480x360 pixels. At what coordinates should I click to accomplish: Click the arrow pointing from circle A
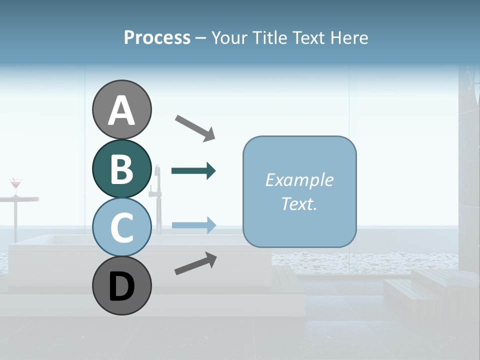point(195,127)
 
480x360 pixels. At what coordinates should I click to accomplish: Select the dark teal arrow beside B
point(193,171)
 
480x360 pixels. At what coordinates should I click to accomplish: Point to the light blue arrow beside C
point(193,225)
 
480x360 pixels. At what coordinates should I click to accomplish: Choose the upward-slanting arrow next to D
point(195,263)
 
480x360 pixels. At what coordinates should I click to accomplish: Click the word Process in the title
point(157,37)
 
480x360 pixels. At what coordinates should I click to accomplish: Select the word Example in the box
point(299,180)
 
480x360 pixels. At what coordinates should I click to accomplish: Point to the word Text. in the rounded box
point(299,203)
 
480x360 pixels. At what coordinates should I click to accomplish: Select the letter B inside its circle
point(121,169)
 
